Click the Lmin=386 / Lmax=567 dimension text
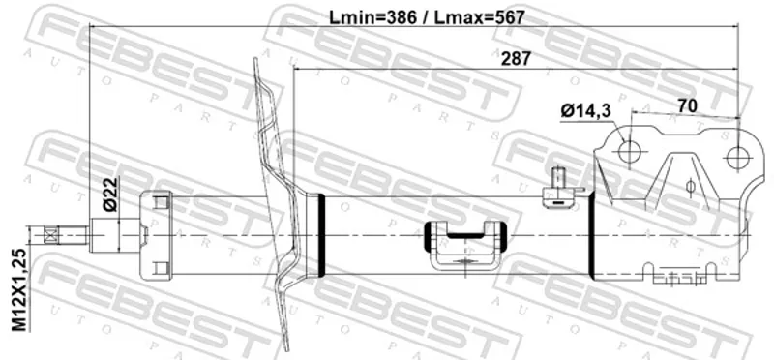[x=427, y=17]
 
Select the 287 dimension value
[x=516, y=59]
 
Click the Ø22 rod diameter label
[x=111, y=195]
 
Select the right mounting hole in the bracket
[x=737, y=158]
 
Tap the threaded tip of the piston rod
[x=59, y=234]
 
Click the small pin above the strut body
[x=559, y=178]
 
